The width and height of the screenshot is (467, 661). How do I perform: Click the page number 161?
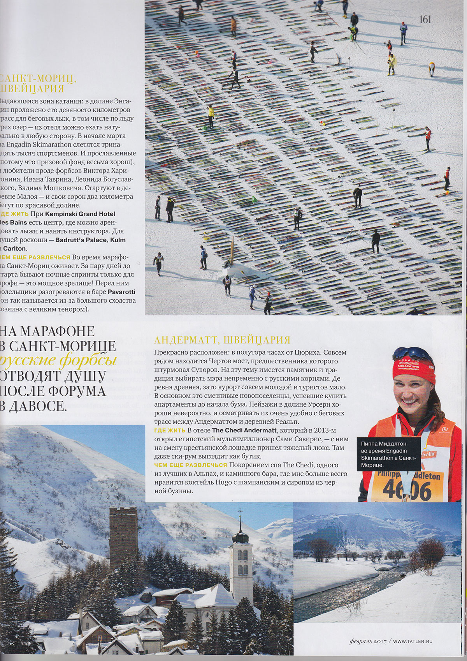point(425,19)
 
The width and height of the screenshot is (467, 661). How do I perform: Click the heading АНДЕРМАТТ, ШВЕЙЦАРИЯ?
point(222,340)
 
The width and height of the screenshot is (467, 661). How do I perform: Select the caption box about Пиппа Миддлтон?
point(388,454)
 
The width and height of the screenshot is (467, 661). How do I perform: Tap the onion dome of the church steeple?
point(240,538)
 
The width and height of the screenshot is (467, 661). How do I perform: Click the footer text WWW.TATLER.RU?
point(413,641)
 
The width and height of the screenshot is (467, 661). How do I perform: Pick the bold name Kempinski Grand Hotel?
point(80,214)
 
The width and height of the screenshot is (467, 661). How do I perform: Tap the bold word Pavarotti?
point(121,292)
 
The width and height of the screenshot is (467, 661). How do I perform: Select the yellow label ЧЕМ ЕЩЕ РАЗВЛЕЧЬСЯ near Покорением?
point(191,465)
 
